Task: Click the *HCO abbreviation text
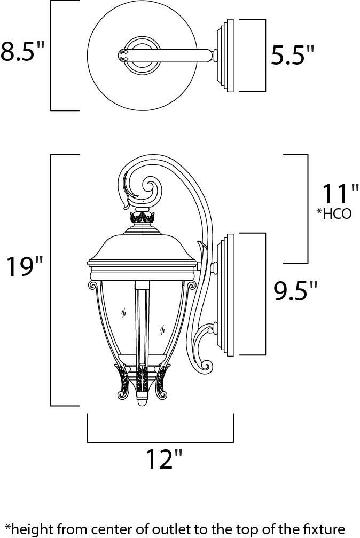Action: [x=334, y=214]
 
